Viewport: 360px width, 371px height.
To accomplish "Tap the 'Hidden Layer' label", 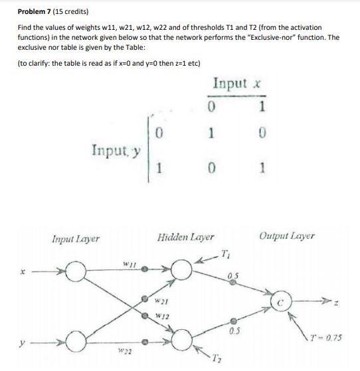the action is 186,236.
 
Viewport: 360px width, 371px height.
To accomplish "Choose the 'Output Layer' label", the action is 288,236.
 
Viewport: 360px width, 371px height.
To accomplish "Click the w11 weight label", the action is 130,265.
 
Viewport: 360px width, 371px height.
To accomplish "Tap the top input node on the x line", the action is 78,271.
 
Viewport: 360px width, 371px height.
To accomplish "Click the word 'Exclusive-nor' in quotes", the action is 278,37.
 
